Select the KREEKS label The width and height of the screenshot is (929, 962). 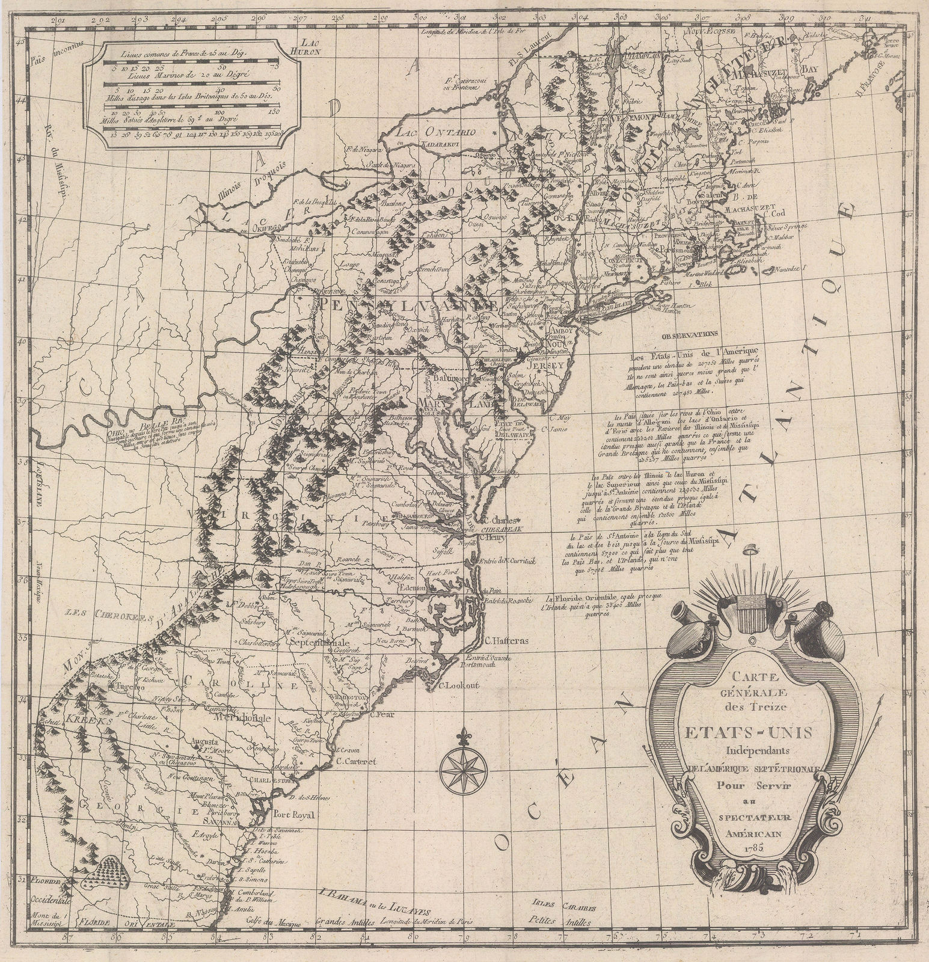tap(89, 720)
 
